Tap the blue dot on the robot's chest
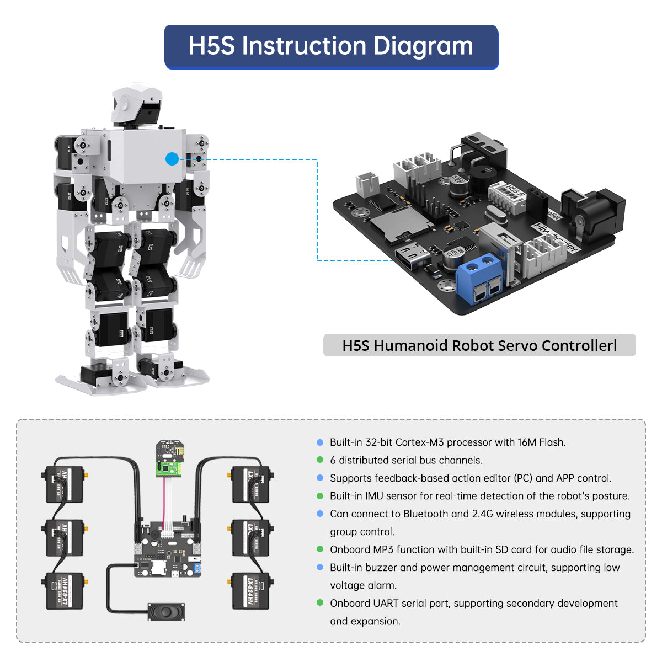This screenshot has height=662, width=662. tap(172, 159)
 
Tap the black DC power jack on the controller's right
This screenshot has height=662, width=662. tap(593, 210)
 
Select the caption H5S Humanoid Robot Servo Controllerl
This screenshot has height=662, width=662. tap(479, 346)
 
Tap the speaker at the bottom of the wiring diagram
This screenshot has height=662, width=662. tap(165, 611)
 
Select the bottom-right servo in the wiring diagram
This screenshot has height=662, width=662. tap(252, 591)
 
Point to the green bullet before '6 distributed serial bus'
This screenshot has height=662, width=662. tap(320, 460)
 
